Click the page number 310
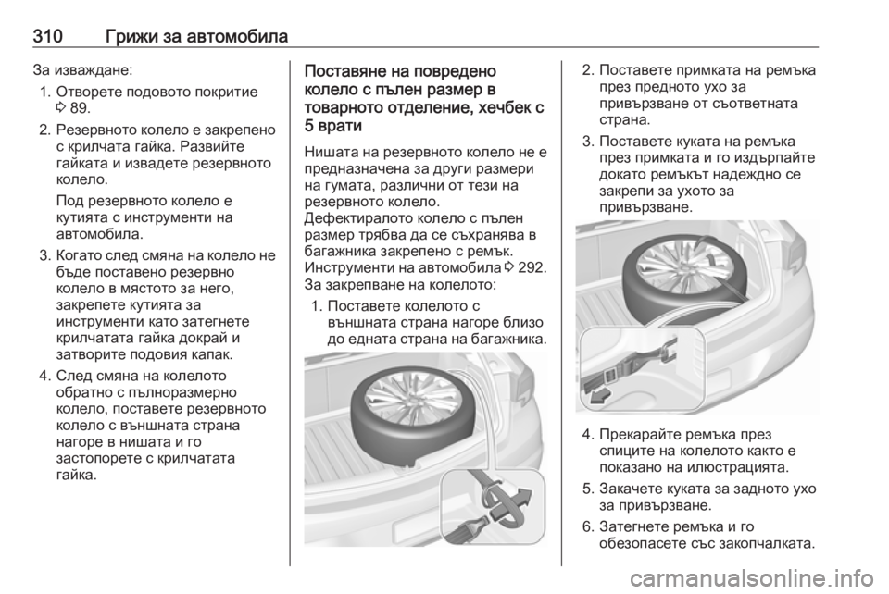coord(47,37)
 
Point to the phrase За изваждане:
coord(83,71)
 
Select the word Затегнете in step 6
coord(632,526)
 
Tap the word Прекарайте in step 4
coord(640,435)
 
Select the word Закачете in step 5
coord(631,489)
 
